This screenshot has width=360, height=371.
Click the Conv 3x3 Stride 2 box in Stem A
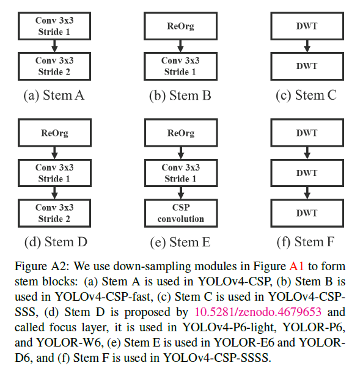pos(54,66)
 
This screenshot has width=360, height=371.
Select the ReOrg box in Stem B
pos(180,26)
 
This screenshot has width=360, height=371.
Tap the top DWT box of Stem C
pos(307,26)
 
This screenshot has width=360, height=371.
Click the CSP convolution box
pos(181,213)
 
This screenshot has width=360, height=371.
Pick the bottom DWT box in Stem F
pos(307,213)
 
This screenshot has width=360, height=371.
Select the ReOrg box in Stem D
pos(54,133)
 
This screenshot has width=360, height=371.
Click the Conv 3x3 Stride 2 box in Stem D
pos(54,213)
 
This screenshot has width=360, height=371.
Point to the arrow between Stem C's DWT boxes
pos(307,46)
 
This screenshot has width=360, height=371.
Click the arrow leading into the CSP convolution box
pos(181,193)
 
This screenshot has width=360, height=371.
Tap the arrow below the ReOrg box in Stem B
pos(180,46)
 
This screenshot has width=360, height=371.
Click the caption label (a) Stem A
pos(54,95)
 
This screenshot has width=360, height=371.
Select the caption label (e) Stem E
pos(180,242)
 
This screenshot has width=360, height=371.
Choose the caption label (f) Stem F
pos(306,242)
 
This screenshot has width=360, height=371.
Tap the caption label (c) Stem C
pos(306,95)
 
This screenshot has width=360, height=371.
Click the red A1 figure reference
pos(296,266)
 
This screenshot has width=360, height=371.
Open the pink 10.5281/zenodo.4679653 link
pos(258,312)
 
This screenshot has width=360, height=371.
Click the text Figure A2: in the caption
pos(42,266)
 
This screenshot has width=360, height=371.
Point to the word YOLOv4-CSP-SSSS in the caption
pos(217,358)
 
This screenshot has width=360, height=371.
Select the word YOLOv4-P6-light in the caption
pos(229,328)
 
